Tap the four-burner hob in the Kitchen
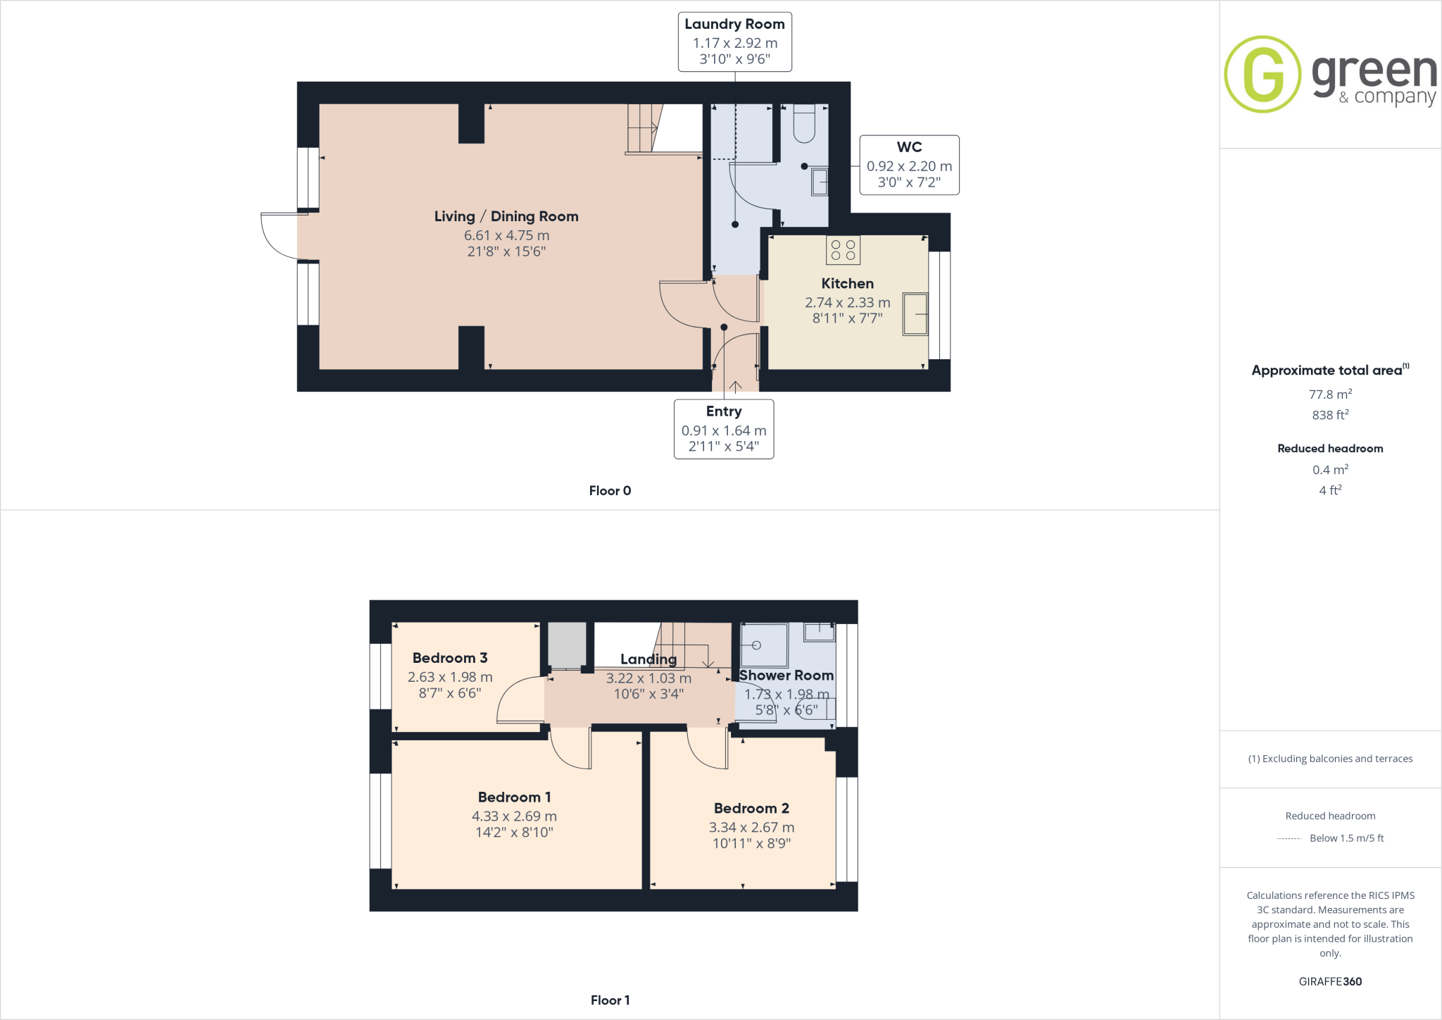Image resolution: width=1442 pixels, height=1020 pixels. click(x=843, y=250)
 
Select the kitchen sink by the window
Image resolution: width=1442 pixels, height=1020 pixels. click(x=915, y=313)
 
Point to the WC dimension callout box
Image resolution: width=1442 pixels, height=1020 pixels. click(x=909, y=166)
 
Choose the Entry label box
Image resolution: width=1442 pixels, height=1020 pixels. click(x=724, y=429)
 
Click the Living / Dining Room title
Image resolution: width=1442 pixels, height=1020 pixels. click(x=506, y=216)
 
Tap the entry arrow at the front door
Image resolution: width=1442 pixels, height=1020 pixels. click(x=735, y=386)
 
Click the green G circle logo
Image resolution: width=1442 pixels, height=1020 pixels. click(x=1262, y=74)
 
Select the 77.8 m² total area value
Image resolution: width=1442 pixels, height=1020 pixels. click(x=1330, y=394)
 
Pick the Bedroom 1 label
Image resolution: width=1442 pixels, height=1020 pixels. click(x=514, y=797)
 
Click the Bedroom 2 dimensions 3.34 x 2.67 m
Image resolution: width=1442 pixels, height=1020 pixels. click(x=751, y=828)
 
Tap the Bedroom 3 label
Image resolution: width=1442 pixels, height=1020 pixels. click(x=450, y=658)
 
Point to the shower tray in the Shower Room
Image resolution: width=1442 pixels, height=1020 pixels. click(x=764, y=645)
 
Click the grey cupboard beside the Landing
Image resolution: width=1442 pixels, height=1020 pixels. click(x=567, y=645)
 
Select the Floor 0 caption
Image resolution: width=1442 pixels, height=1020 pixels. click(x=610, y=491)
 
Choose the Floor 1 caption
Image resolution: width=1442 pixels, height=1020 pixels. click(x=610, y=1000)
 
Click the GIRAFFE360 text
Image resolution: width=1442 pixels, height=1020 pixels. click(x=1330, y=981)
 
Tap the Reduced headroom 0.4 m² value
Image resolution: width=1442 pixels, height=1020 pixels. click(x=1330, y=470)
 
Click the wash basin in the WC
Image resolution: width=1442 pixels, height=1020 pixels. click(x=820, y=182)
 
